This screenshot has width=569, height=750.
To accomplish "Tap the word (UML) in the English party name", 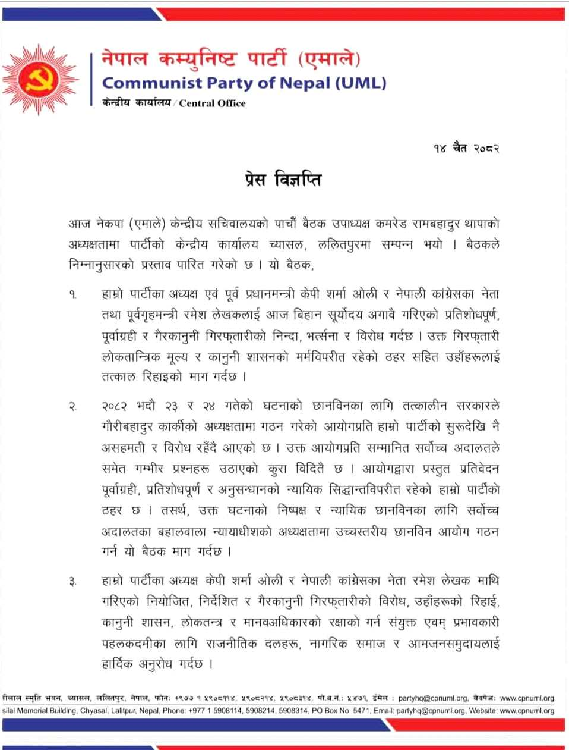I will (361, 83).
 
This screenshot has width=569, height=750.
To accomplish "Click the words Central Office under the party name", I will (212, 103).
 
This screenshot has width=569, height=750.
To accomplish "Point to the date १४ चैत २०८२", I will (466, 148).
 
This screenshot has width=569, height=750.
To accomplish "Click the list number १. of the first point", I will (73, 295).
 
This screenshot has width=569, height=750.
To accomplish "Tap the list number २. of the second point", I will (73, 407).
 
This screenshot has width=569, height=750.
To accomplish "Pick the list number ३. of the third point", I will (73, 582).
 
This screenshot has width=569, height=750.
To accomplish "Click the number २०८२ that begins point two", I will (115, 407).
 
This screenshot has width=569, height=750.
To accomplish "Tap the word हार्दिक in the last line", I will (117, 664).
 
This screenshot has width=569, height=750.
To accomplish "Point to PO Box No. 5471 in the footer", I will (341, 711).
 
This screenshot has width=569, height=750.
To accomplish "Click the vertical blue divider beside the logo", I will (92, 80).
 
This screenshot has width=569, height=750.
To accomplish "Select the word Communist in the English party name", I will (152, 83).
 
